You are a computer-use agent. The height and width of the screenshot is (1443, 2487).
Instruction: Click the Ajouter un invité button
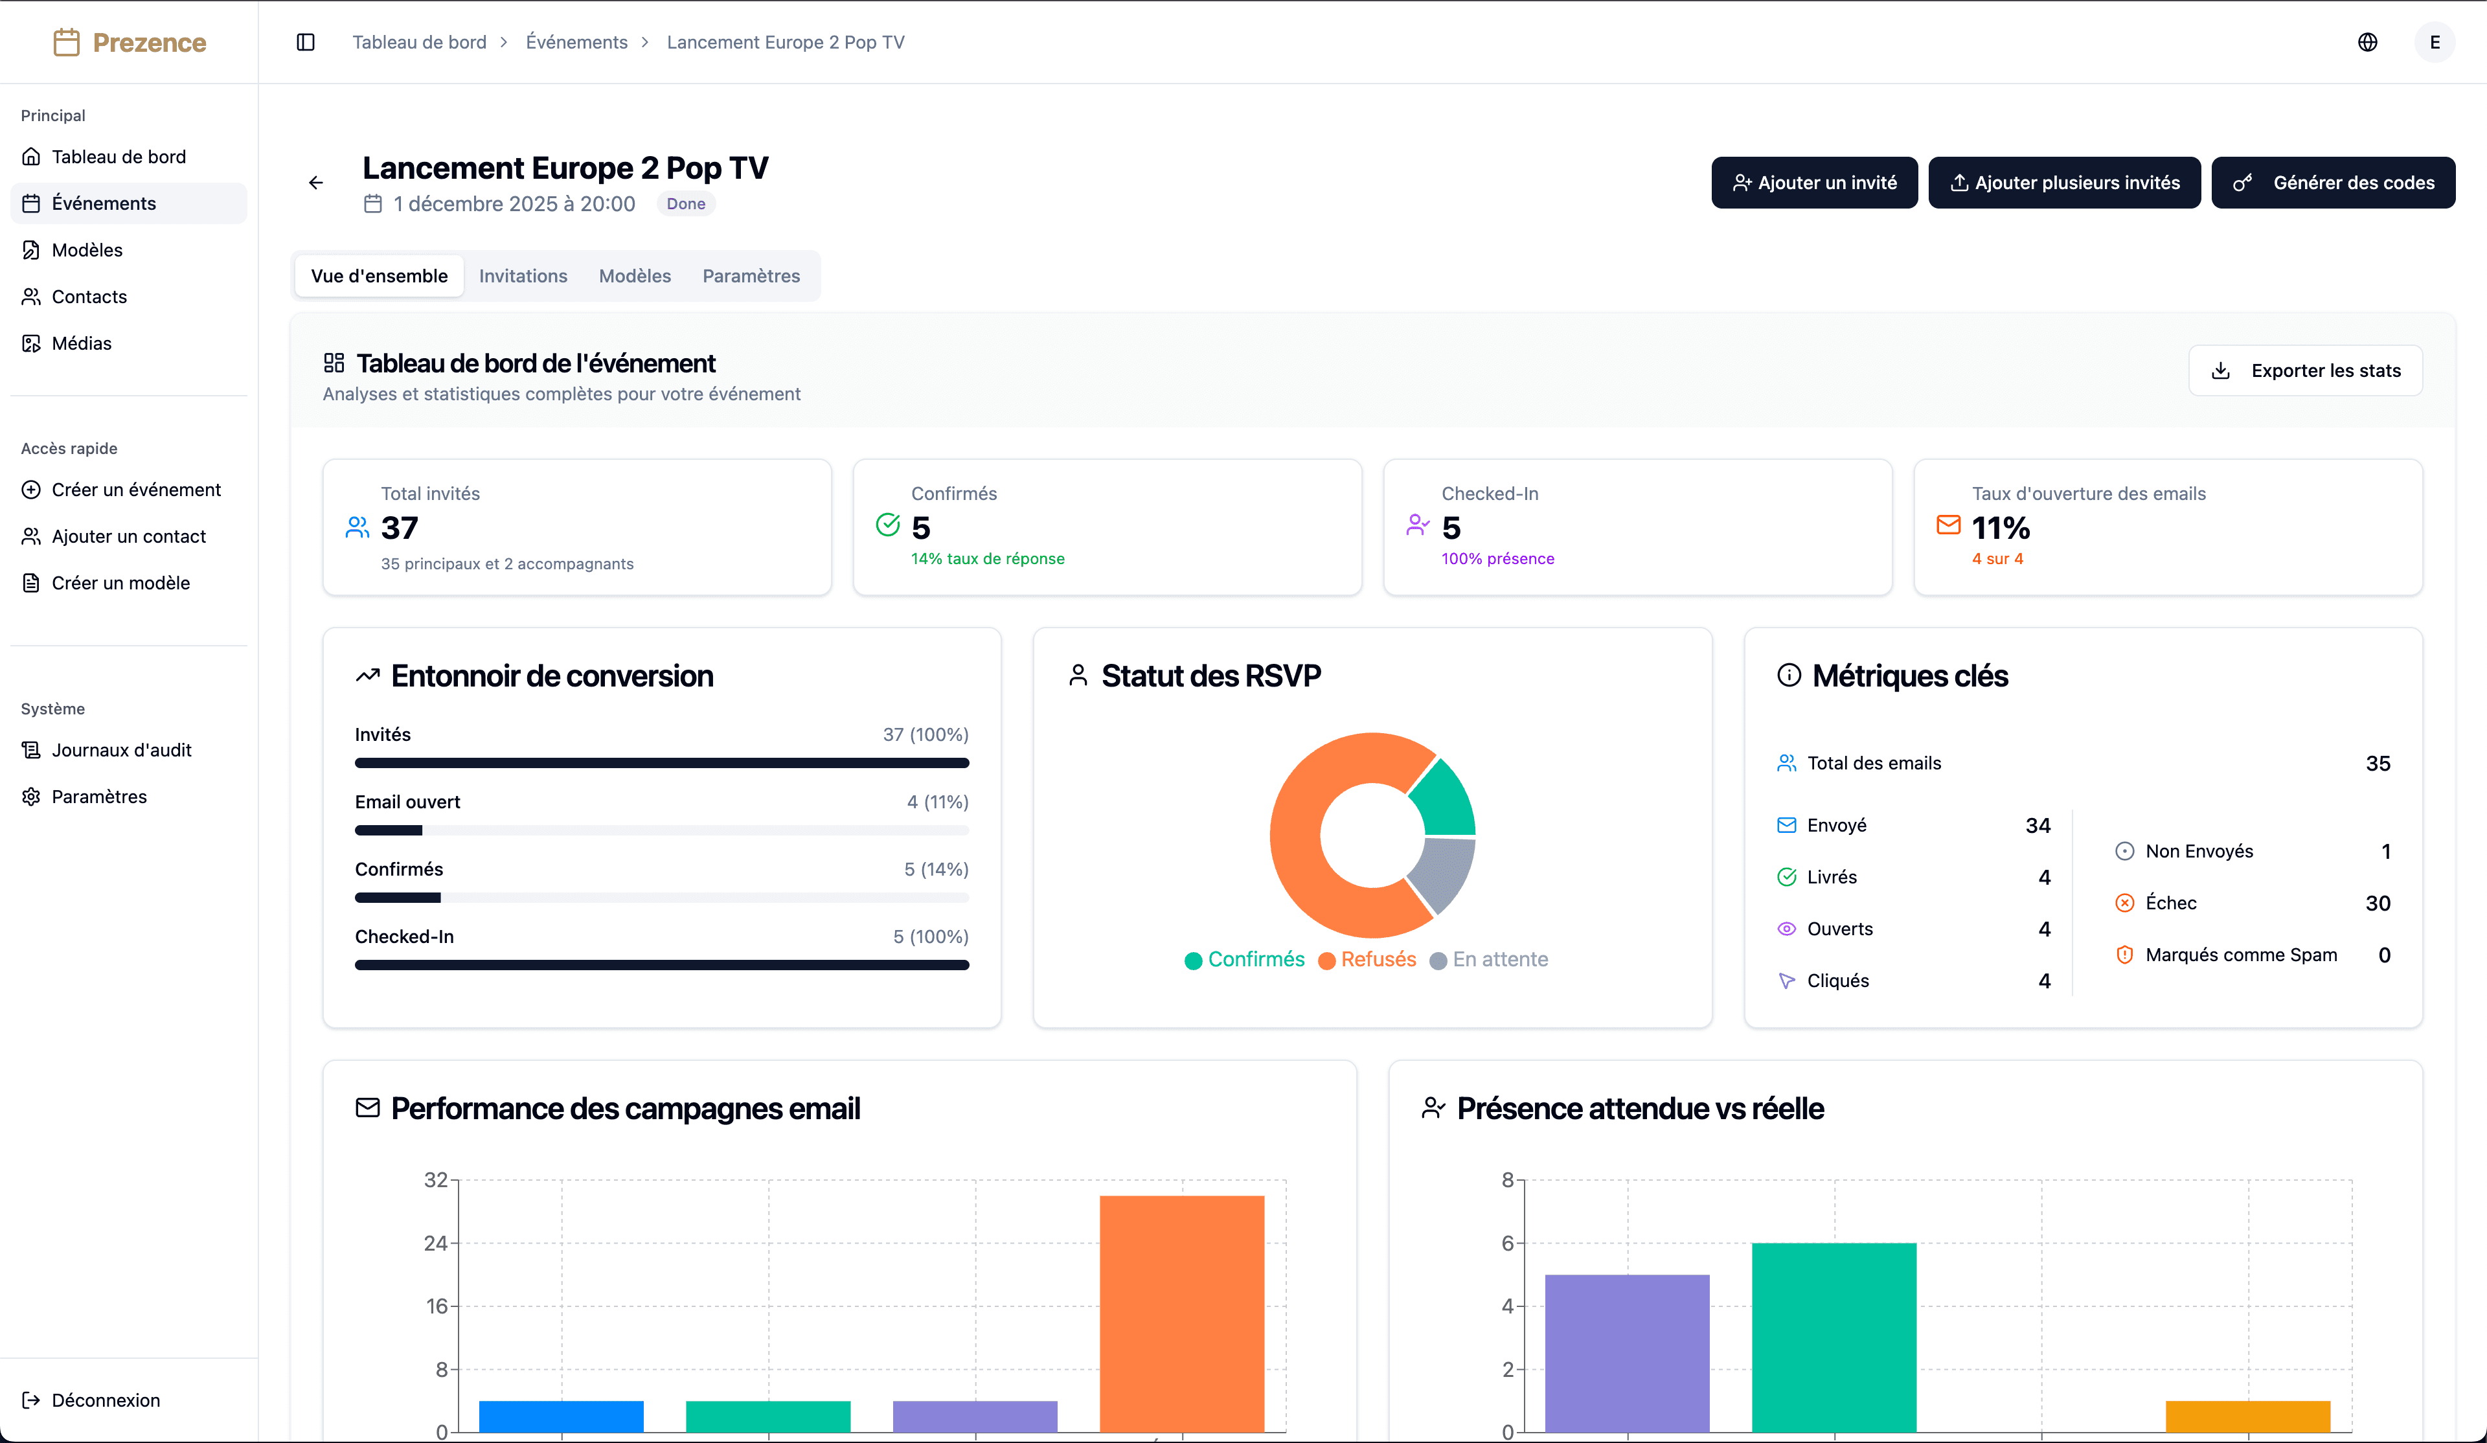pyautogui.click(x=1814, y=183)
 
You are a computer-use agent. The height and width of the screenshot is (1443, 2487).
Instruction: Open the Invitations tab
pyautogui.click(x=523, y=277)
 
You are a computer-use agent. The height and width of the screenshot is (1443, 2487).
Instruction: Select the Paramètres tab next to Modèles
pyautogui.click(x=751, y=277)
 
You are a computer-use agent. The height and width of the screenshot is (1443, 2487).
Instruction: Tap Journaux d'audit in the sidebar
pyautogui.click(x=121, y=750)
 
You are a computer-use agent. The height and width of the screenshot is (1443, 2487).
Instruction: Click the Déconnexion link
pyautogui.click(x=105, y=1400)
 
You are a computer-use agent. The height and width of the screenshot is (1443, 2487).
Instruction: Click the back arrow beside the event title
pyautogui.click(x=316, y=183)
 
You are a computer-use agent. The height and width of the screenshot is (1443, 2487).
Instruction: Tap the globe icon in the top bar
pyautogui.click(x=2367, y=43)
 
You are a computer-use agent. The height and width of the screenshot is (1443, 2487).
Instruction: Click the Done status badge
pyautogui.click(x=685, y=204)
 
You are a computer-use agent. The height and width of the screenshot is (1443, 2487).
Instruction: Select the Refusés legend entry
pyautogui.click(x=1377, y=959)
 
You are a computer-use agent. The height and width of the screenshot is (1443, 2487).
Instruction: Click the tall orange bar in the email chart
pyautogui.click(x=1181, y=1313)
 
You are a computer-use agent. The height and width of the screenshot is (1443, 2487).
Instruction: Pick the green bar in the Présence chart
pyautogui.click(x=1834, y=1337)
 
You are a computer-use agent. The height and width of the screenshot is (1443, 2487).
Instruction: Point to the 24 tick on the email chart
pyautogui.click(x=435, y=1243)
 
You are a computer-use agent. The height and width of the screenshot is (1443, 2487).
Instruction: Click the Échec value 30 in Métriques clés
pyautogui.click(x=2376, y=903)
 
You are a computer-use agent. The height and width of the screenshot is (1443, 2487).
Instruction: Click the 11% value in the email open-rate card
pyautogui.click(x=2001, y=528)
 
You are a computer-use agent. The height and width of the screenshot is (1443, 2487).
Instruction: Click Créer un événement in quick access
pyautogui.click(x=135, y=490)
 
